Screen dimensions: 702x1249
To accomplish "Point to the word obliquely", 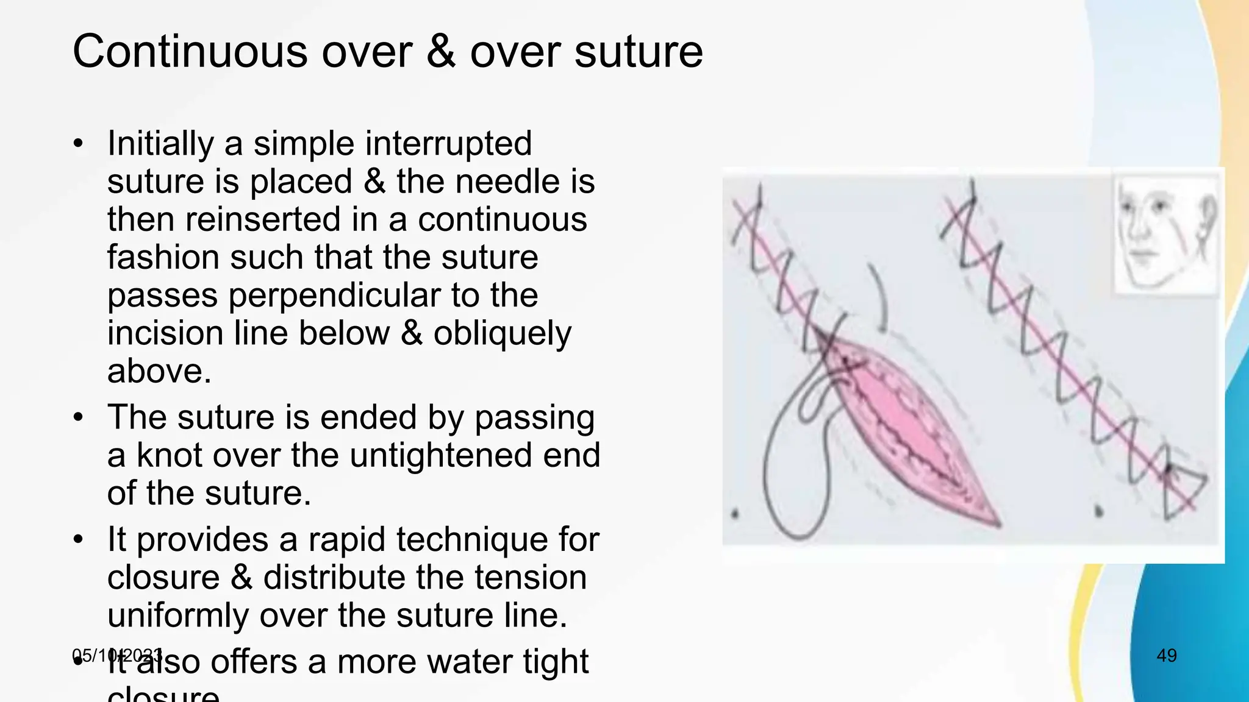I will [x=503, y=334].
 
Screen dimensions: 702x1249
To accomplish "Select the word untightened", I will [x=441, y=455].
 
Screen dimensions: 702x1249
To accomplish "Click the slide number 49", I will [x=1166, y=656].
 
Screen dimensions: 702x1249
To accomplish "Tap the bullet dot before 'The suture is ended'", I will [x=78, y=418].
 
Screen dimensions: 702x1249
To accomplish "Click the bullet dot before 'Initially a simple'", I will [x=78, y=144].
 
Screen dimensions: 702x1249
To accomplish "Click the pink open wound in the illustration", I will [x=903, y=420].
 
